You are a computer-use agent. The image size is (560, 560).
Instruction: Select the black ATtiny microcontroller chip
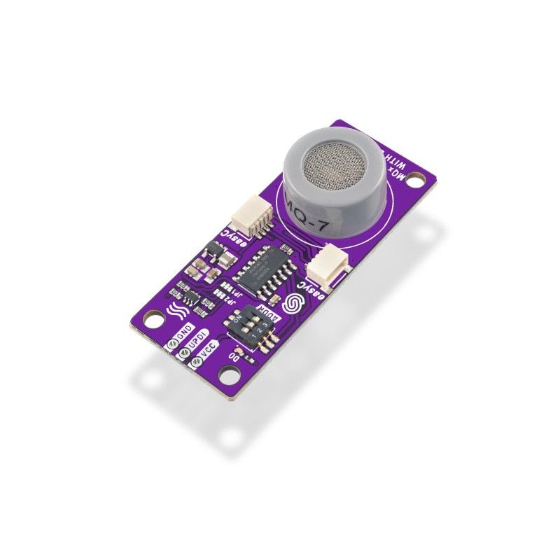262,267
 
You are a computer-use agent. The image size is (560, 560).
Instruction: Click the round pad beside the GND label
171,343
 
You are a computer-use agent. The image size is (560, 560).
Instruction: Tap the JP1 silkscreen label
225,286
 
